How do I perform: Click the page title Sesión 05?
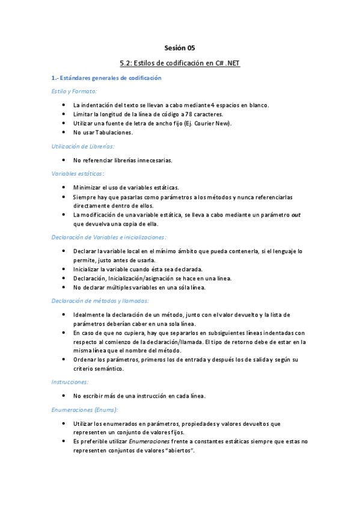pos(180,48)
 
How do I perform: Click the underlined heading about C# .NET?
pos(180,63)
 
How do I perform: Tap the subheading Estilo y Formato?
pos(71,91)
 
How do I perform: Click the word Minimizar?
pos(89,188)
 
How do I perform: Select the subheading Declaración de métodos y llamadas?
pos(100,301)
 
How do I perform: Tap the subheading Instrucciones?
pos(70,382)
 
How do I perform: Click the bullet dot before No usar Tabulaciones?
pos(64,132)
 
